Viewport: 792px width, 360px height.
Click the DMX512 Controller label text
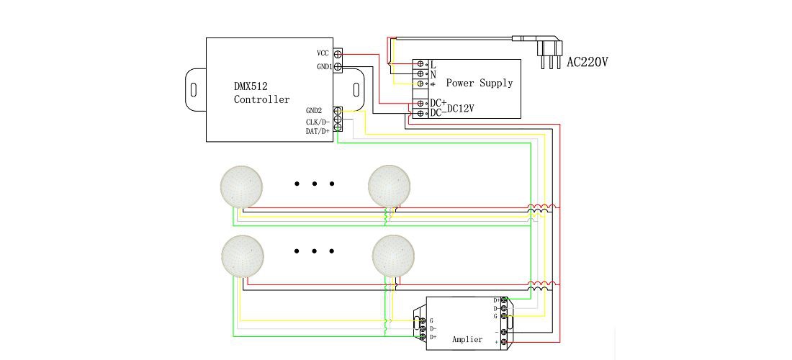[x=261, y=93]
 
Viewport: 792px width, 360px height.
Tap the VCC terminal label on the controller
[x=323, y=54]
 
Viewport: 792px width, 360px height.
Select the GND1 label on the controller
[x=322, y=67]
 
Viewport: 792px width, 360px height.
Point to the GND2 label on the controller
[x=314, y=111]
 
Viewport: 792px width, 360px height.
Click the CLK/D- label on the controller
[x=318, y=122]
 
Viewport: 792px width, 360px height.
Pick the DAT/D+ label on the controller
[x=318, y=132]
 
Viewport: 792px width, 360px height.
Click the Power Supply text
[x=479, y=83]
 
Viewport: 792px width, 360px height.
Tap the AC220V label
[x=588, y=63]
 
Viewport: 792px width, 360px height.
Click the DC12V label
[x=460, y=109]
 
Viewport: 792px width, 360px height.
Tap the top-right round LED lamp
[x=390, y=186]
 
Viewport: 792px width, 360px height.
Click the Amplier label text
[x=467, y=339]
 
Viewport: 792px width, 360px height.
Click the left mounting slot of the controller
[x=194, y=90]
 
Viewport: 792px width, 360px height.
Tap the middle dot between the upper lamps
[x=315, y=184]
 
